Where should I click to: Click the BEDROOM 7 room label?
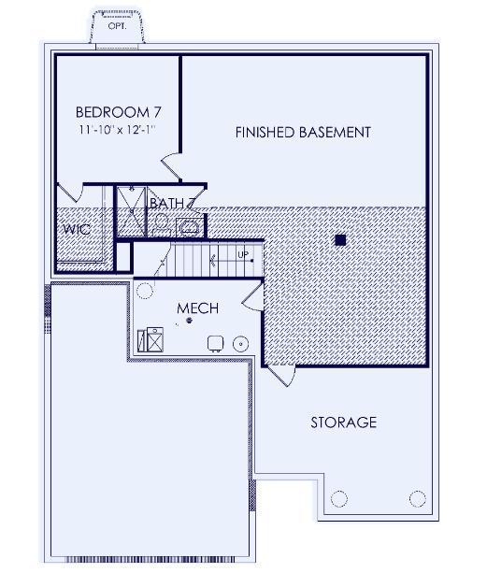[119, 112]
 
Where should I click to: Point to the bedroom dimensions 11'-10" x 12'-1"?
[117, 130]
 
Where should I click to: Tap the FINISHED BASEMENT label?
[303, 132]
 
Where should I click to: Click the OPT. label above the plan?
[117, 26]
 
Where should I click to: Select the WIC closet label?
[77, 229]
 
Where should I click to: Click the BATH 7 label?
[172, 203]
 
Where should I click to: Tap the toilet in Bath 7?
[162, 224]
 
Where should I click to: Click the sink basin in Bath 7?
[189, 227]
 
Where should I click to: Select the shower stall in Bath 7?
[131, 211]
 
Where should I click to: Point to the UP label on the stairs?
[243, 255]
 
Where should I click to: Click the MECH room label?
[197, 308]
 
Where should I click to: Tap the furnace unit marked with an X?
[154, 339]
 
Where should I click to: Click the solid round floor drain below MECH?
[190, 320]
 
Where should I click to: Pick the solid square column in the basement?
[340, 240]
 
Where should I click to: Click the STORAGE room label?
[344, 422]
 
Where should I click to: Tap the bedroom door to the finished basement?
[172, 165]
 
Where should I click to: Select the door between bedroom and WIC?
[70, 193]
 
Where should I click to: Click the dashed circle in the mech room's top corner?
[145, 291]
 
